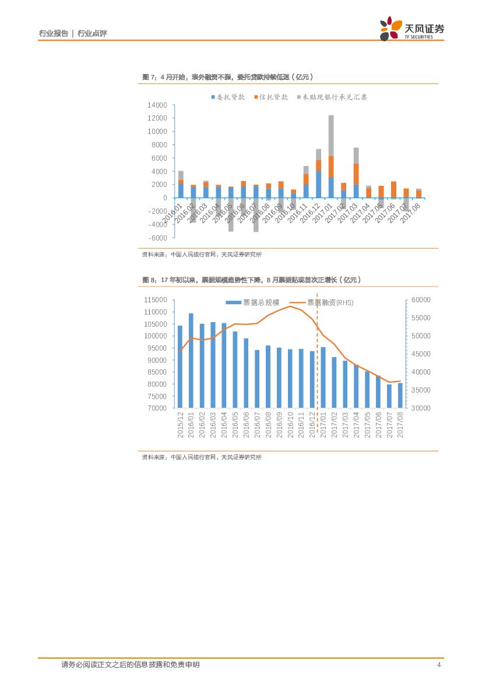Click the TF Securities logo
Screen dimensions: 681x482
click(411, 28)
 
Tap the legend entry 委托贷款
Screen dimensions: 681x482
click(227, 97)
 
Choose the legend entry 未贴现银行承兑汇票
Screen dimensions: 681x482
click(331, 97)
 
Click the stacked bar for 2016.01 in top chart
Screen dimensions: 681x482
click(181, 184)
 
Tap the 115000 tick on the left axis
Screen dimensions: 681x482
click(155, 300)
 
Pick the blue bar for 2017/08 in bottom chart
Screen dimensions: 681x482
click(400, 395)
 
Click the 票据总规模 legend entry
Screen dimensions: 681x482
click(252, 303)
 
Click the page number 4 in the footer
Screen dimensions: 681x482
click(438, 665)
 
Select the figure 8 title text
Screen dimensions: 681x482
click(252, 280)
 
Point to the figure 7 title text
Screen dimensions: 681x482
click(228, 77)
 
